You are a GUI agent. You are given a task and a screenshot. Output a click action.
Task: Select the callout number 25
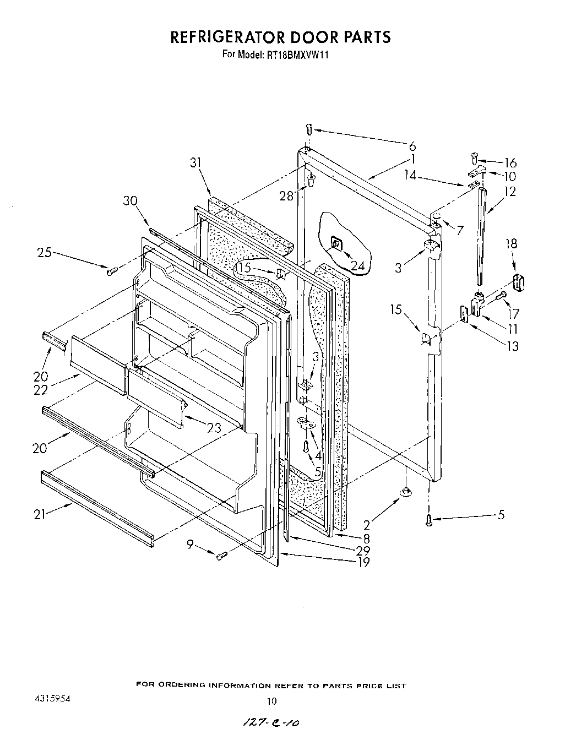click(x=45, y=253)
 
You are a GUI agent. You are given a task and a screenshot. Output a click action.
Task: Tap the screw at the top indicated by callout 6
click(x=309, y=129)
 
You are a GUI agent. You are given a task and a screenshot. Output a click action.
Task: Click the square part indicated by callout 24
click(x=335, y=242)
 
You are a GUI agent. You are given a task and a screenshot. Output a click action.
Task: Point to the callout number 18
click(x=512, y=243)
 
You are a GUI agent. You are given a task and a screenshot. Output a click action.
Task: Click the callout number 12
click(x=509, y=192)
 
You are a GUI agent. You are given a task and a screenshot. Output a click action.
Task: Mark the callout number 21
click(x=39, y=515)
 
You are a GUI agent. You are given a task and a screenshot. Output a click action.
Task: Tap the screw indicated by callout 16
click(x=474, y=158)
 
